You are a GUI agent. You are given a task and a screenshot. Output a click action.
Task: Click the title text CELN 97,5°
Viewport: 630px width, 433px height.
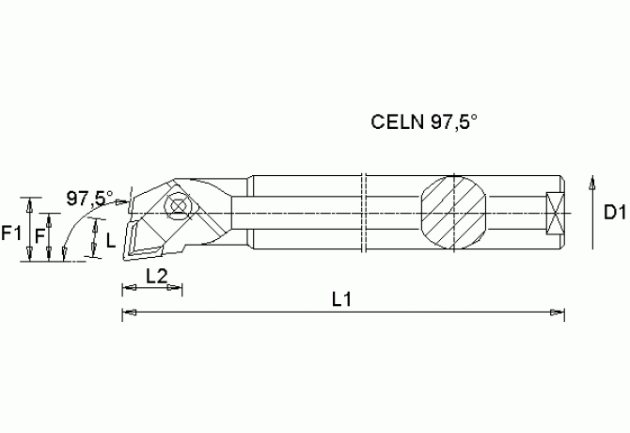point(425,122)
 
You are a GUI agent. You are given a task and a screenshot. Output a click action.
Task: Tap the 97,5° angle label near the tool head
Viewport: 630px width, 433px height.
point(89,198)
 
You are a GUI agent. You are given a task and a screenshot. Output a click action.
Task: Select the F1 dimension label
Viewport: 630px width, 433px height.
point(11,232)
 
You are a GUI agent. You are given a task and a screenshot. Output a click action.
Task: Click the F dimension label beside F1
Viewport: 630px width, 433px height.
point(39,233)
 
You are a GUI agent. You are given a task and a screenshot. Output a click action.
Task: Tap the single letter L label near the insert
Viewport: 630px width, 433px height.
point(110,241)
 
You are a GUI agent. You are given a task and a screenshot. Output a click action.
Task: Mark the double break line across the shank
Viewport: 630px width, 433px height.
point(363,213)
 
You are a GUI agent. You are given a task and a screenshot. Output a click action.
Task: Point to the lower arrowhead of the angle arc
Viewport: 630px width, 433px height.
point(61,251)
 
